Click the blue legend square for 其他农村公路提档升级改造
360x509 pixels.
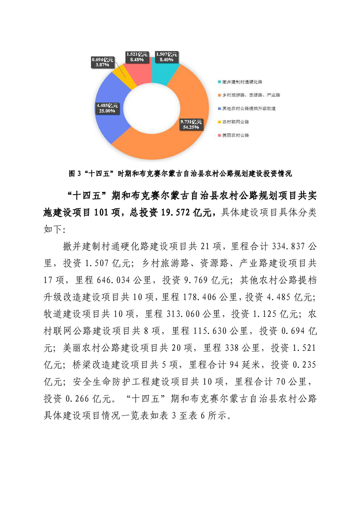(x=218, y=109)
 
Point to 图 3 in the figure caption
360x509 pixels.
(x=74, y=173)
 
